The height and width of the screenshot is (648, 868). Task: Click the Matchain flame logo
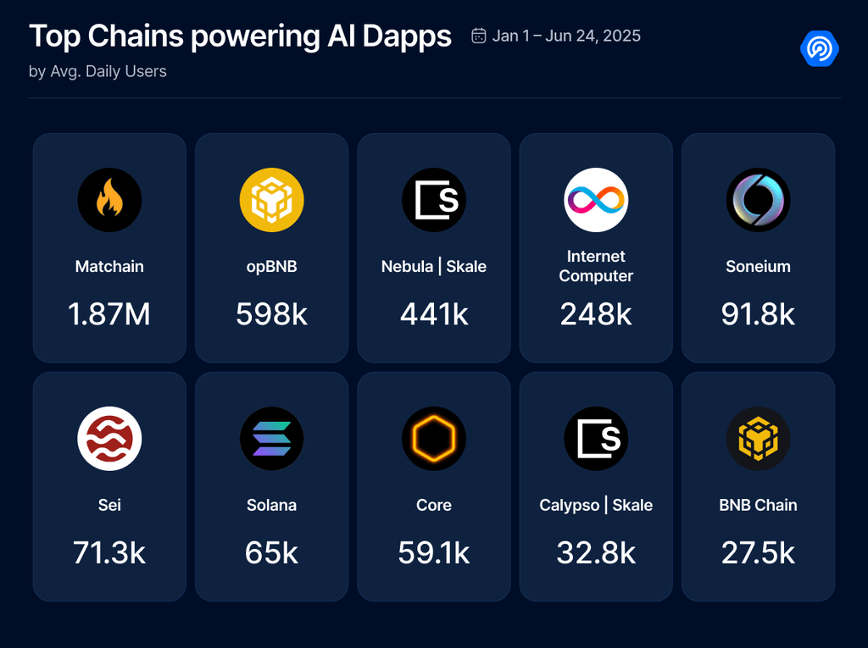click(x=109, y=200)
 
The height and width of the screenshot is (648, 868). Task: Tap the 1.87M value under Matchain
click(x=109, y=314)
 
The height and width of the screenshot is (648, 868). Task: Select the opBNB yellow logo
click(x=271, y=200)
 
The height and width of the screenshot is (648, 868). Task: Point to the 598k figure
click(x=271, y=314)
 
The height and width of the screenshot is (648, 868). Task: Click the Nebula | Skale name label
click(x=434, y=266)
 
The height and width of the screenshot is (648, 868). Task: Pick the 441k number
click(x=434, y=314)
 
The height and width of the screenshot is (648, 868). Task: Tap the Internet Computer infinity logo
click(x=596, y=200)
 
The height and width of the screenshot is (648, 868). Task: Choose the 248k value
click(x=596, y=314)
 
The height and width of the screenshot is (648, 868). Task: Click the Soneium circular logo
click(x=758, y=200)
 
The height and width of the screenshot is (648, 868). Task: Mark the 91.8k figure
click(x=758, y=314)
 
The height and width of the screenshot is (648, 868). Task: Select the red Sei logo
click(x=109, y=439)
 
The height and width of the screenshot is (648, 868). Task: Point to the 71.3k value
click(x=109, y=553)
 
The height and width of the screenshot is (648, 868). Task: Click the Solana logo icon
click(x=271, y=439)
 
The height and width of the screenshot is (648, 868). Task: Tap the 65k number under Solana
click(x=271, y=553)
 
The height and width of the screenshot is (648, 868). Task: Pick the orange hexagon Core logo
click(x=434, y=439)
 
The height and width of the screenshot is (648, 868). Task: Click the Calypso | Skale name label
click(x=596, y=505)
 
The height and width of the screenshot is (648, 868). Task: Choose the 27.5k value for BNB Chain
click(x=758, y=553)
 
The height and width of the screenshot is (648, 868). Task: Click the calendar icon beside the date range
click(x=479, y=36)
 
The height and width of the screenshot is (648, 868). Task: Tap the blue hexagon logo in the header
click(x=819, y=49)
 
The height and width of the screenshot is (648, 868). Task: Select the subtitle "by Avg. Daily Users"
click(x=97, y=71)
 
